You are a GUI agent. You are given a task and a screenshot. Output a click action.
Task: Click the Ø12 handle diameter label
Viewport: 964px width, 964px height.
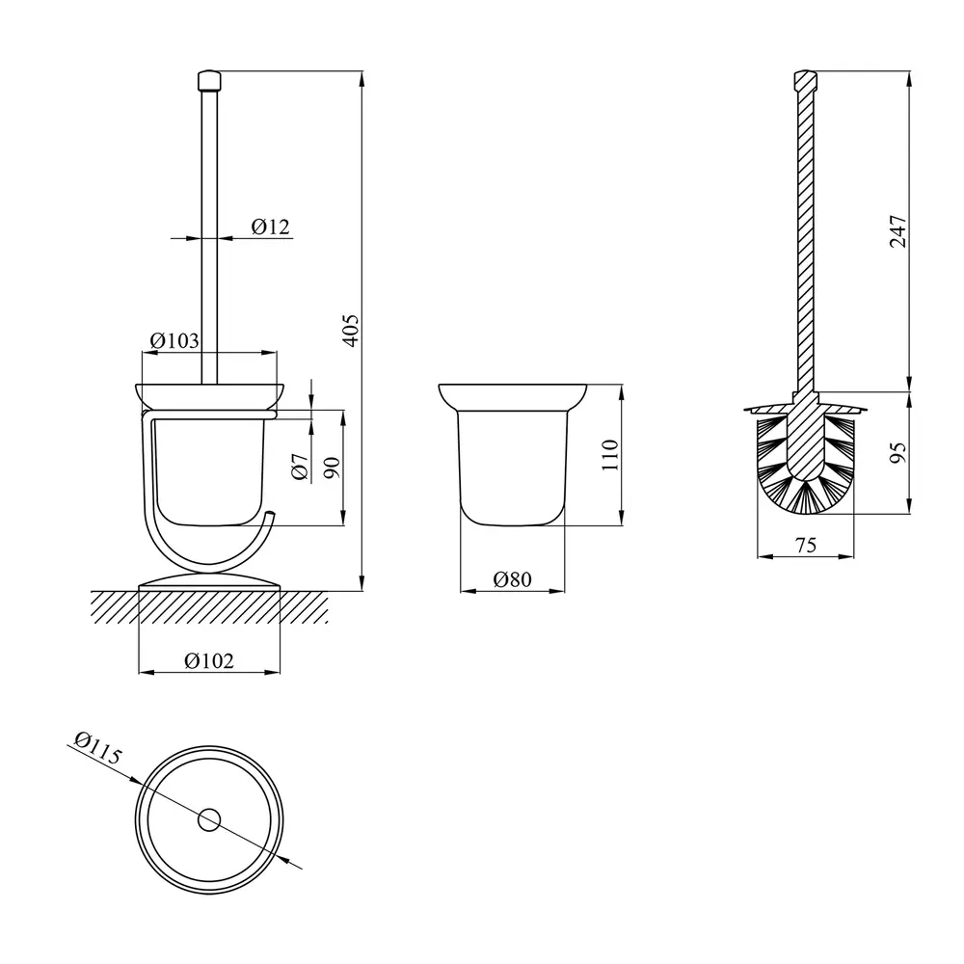click(x=271, y=227)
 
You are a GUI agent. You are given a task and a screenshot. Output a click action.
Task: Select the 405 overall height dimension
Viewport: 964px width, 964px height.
click(x=351, y=331)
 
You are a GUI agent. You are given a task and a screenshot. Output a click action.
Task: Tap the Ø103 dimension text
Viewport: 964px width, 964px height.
click(x=174, y=340)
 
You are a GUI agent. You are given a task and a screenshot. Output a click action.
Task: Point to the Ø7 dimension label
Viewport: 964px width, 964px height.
click(x=300, y=467)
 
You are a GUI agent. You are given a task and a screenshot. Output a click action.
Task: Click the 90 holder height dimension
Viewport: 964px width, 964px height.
click(x=332, y=469)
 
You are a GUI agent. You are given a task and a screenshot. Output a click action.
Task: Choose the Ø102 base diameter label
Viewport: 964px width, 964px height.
click(x=209, y=661)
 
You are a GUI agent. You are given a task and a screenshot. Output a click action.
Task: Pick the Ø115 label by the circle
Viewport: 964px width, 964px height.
click(x=98, y=748)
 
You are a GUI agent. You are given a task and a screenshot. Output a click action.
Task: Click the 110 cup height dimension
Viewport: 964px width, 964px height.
click(x=610, y=455)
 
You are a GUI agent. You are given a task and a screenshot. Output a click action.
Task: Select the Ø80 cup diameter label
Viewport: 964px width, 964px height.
click(x=512, y=579)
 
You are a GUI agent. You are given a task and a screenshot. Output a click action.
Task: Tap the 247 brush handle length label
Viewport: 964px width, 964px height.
click(x=898, y=231)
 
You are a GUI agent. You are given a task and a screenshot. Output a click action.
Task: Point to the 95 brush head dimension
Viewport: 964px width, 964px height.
click(x=898, y=453)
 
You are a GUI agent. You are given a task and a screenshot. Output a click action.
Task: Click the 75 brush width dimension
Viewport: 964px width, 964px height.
click(x=805, y=545)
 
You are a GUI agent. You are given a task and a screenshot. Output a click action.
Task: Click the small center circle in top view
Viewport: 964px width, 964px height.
click(x=209, y=820)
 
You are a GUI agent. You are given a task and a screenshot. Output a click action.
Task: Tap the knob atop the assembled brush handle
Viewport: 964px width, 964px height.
click(x=209, y=81)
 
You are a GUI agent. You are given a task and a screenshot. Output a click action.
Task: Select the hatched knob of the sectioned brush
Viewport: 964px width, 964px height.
click(x=805, y=80)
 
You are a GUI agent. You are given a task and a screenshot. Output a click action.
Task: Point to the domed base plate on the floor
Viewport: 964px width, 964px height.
click(x=209, y=581)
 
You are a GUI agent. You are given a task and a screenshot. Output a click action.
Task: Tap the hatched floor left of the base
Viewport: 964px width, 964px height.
click(x=115, y=607)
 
